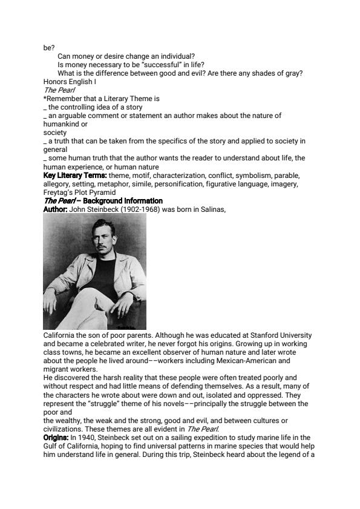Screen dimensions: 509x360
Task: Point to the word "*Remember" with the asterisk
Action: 61,98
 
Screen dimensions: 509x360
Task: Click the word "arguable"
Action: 73,115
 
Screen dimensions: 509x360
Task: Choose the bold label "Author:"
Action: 56,209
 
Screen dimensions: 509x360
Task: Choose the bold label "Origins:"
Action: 56,437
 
